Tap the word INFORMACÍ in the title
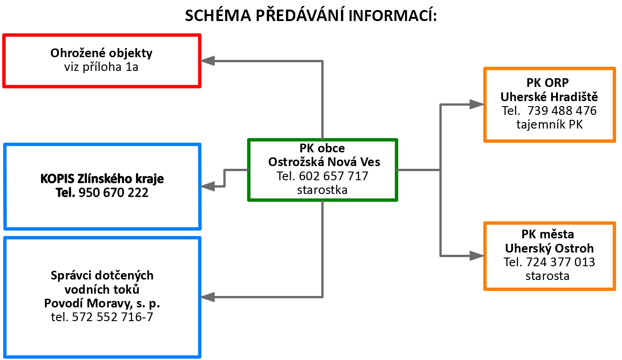(x=393, y=16)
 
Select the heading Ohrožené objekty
(x=101, y=53)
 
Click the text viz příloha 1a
(x=101, y=67)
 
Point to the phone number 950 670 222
(x=114, y=193)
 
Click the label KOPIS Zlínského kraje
(x=102, y=179)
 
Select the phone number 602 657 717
(x=334, y=176)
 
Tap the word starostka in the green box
(x=322, y=190)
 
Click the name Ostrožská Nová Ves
(x=324, y=162)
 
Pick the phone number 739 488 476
(x=562, y=111)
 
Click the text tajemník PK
(x=550, y=124)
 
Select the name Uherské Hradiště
(x=549, y=97)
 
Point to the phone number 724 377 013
(x=560, y=262)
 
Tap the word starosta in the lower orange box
(x=547, y=276)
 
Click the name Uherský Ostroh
(x=549, y=248)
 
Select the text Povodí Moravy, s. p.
(x=102, y=303)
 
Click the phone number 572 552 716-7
(x=113, y=317)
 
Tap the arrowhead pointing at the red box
(x=207, y=61)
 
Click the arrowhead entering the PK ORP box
(x=477, y=104)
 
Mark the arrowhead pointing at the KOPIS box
(x=207, y=186)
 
